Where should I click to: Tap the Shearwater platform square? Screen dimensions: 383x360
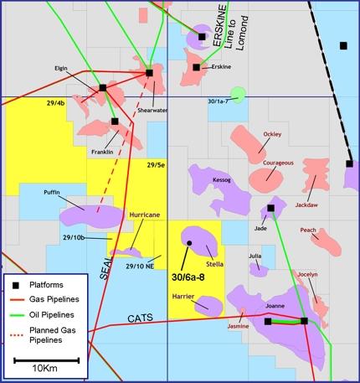pos(149,73)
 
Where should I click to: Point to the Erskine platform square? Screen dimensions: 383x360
pos(196,67)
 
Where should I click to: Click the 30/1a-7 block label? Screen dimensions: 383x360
pos(217,101)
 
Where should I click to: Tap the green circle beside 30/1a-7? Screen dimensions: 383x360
pos(239,96)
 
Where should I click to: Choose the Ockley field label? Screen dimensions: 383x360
pos(272,134)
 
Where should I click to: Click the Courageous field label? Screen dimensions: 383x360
pos(278,163)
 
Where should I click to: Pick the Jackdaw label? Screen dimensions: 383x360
pos(311,203)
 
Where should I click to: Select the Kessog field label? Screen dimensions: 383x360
pos(222,180)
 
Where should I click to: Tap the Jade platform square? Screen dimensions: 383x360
pos(271,208)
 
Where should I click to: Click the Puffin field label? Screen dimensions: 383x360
pos(52,193)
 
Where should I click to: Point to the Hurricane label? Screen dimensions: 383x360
pos(144,215)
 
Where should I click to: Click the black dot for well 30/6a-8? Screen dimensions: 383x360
pos(190,243)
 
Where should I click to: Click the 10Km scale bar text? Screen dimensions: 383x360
pos(45,369)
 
